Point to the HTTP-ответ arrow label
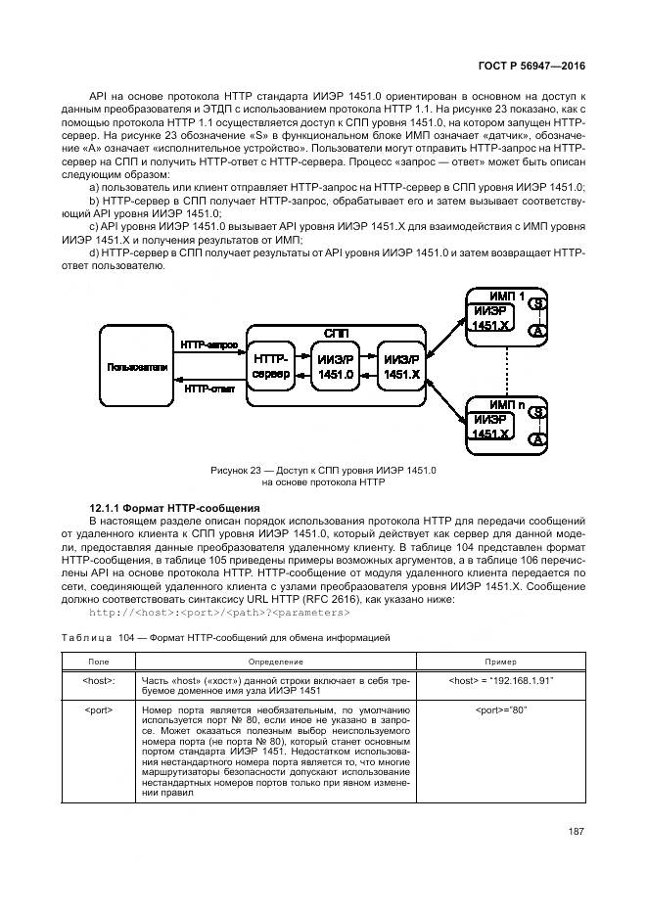click(x=208, y=389)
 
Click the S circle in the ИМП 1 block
click(x=536, y=304)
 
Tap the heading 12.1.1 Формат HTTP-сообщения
click(x=173, y=508)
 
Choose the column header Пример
click(x=500, y=663)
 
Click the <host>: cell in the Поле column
click(x=100, y=681)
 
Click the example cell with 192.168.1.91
click(x=500, y=681)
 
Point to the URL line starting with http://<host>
click(x=219, y=613)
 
